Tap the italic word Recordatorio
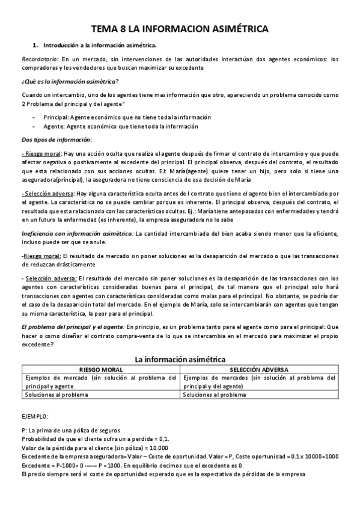(x=40, y=60)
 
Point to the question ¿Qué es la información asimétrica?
(x=70, y=81)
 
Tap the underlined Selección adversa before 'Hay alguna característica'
(x=46, y=194)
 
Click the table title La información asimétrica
(x=180, y=359)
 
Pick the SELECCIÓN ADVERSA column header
(x=259, y=369)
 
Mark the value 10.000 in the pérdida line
(x=156, y=447)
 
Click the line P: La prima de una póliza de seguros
(x=70, y=430)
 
